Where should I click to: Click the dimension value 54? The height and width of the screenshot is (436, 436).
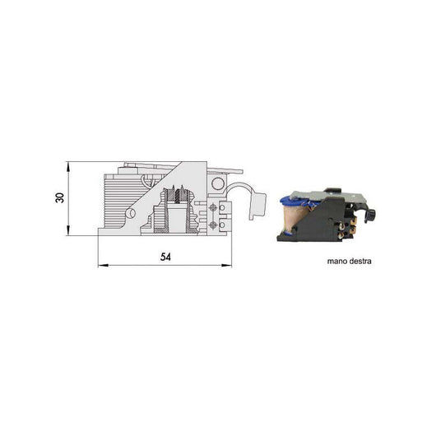click(165, 257)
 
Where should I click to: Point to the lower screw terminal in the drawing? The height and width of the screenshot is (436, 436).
click(215, 223)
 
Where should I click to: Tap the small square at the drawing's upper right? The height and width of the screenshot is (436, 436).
click(217, 179)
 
